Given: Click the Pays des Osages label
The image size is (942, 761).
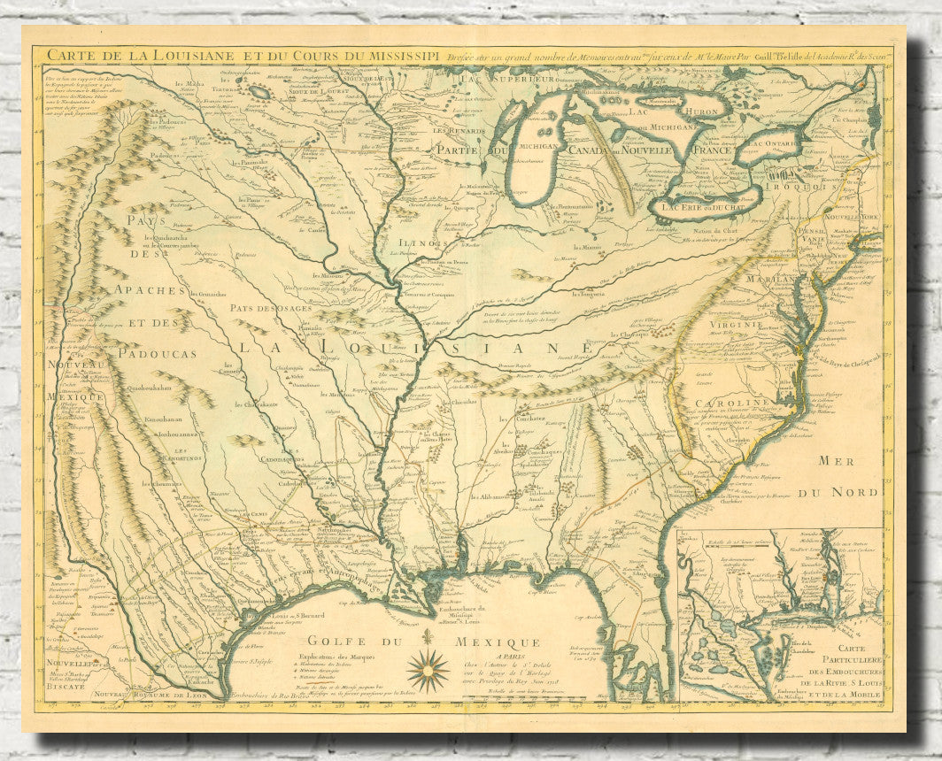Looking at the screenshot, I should [266, 308].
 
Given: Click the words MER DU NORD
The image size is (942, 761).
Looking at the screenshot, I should [848, 476].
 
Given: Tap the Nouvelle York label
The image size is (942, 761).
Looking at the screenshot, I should [849, 216].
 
